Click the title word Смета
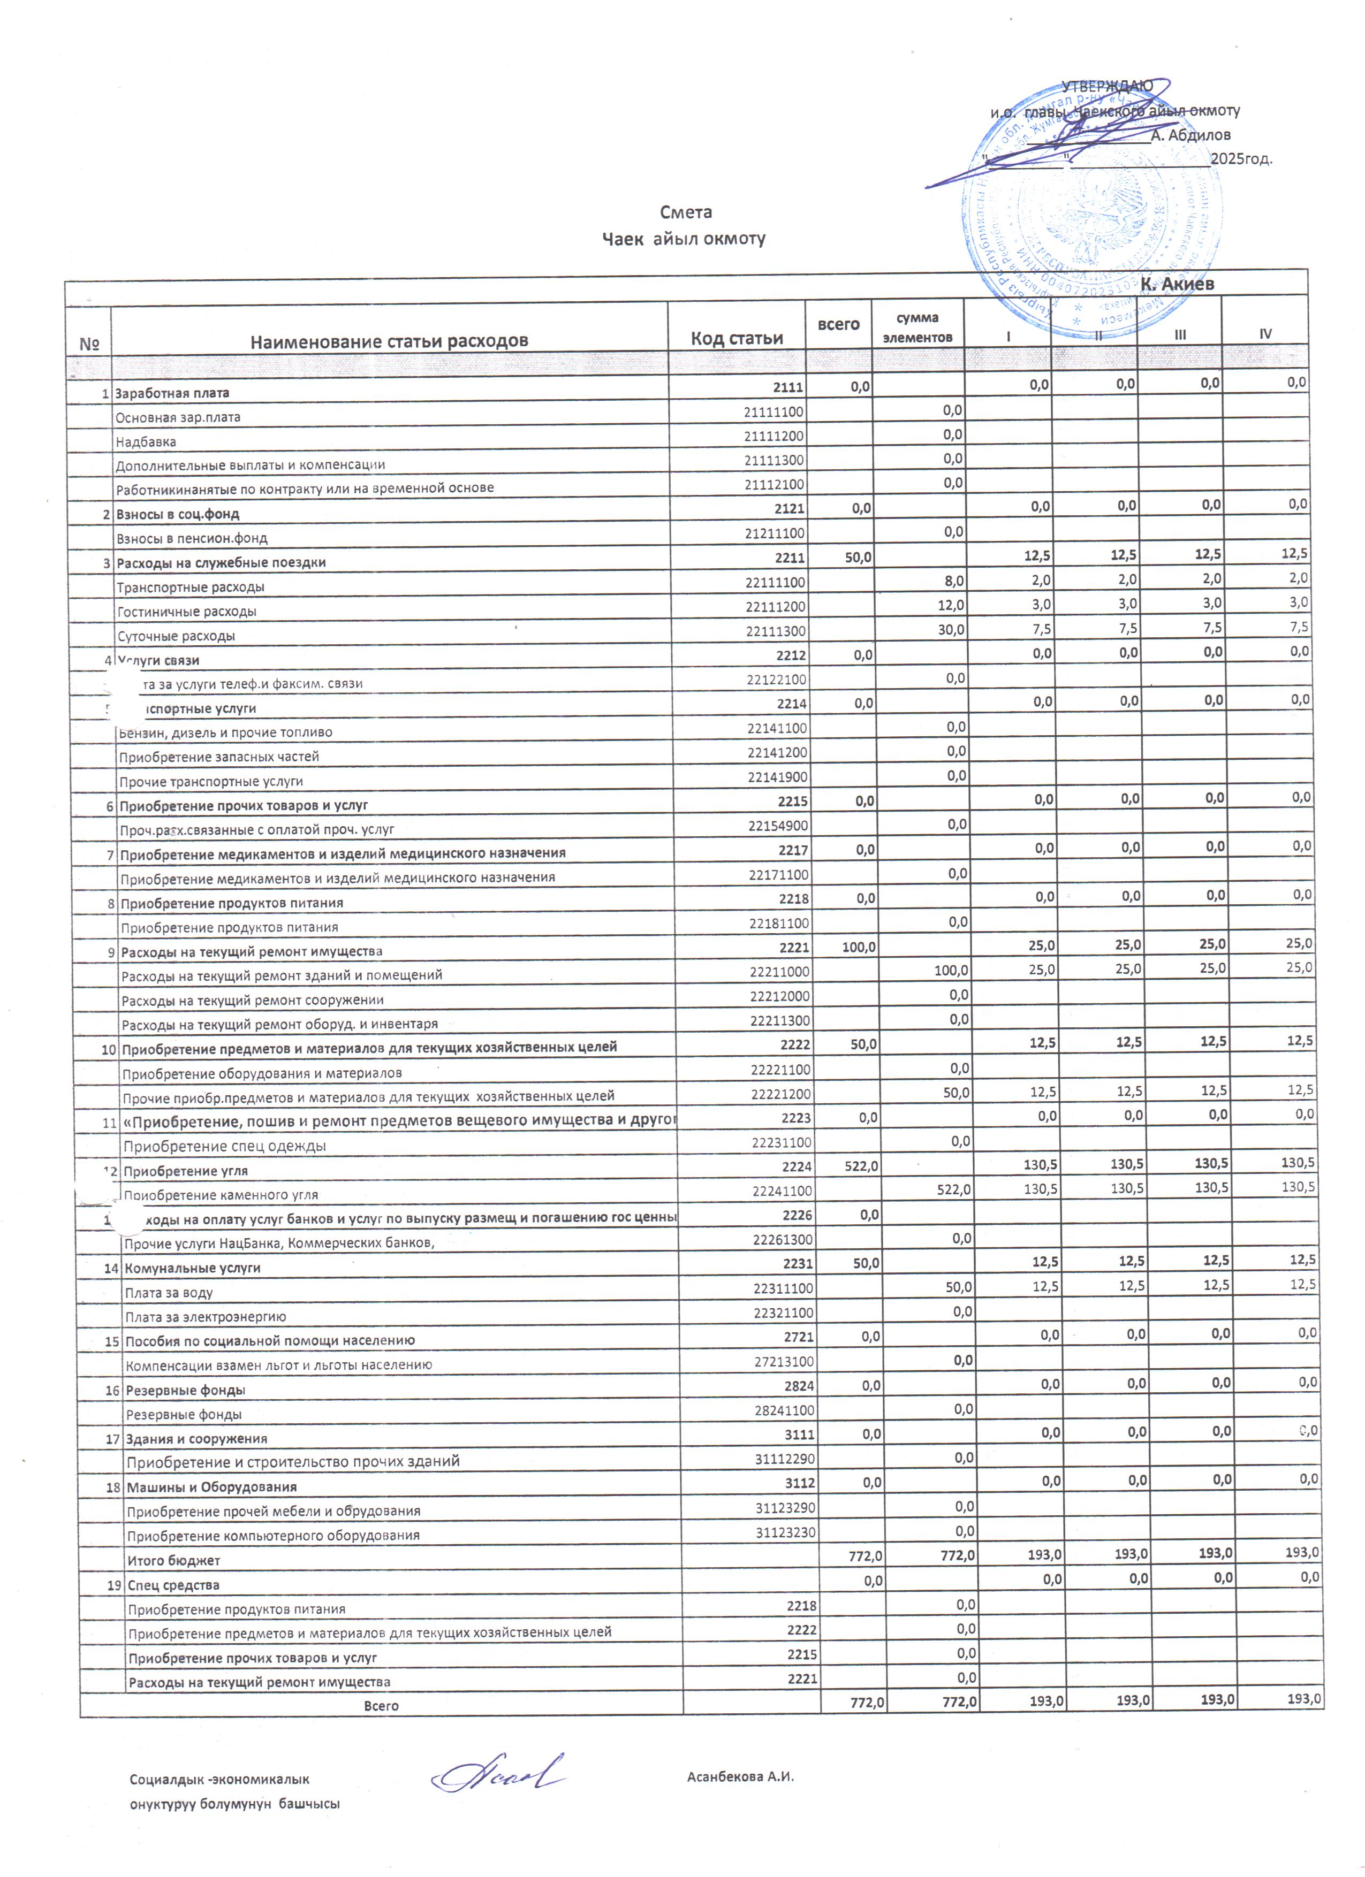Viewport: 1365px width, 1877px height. click(x=686, y=212)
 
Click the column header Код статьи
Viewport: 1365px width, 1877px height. click(x=737, y=338)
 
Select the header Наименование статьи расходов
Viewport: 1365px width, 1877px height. click(x=389, y=340)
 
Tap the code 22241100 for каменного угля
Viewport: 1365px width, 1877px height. click(x=782, y=1191)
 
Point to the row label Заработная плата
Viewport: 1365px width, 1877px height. click(x=172, y=393)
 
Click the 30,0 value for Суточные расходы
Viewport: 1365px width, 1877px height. click(x=950, y=630)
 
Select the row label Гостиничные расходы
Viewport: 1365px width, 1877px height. click(x=186, y=612)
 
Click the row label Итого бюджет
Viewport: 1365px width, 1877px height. click(x=173, y=1560)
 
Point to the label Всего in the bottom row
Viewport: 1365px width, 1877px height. click(x=381, y=1706)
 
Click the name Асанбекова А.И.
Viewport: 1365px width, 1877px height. click(x=740, y=1776)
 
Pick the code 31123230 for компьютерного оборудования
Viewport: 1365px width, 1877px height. click(x=785, y=1532)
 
